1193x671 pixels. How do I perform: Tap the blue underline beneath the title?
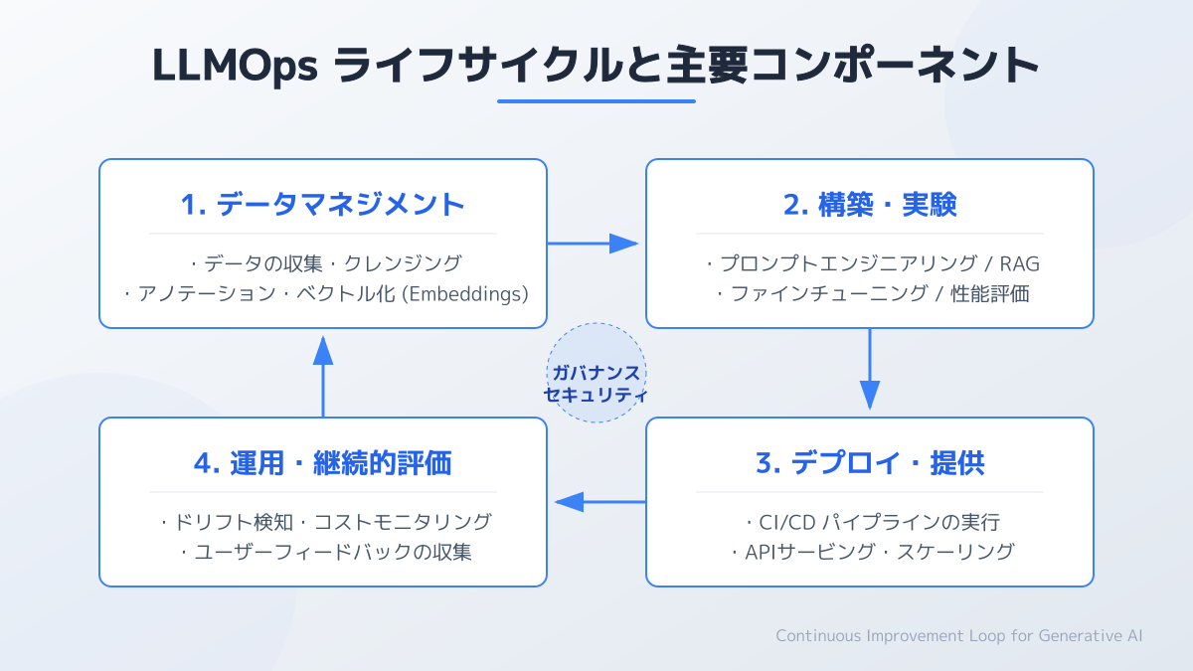pos(596,100)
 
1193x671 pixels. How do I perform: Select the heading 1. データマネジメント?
pos(323,205)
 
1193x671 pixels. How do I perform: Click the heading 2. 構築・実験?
pos(870,205)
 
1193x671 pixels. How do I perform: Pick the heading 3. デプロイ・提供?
pos(870,463)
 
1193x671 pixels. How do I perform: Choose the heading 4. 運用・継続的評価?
pos(323,463)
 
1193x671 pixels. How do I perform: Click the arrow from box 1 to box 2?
pos(595,244)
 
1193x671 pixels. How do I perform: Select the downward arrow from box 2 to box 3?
pos(870,371)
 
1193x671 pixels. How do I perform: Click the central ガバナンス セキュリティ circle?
pos(596,373)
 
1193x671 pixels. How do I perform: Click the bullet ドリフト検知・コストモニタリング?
pos(323,522)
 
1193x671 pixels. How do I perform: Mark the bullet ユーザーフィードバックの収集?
pos(323,552)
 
